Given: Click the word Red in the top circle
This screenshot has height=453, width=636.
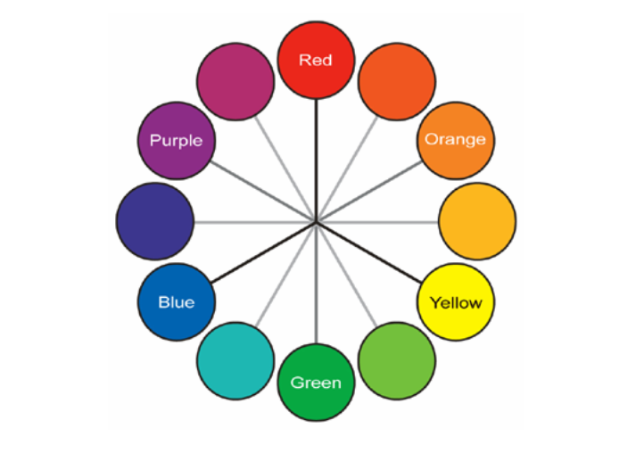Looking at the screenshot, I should click(316, 61).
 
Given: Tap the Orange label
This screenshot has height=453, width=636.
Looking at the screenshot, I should click(455, 139).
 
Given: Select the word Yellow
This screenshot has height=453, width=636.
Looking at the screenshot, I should click(455, 303).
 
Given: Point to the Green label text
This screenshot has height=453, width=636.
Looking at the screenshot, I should click(316, 383).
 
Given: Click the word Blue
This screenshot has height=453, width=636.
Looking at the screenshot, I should click(177, 302).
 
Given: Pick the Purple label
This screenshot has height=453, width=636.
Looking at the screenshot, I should click(176, 141).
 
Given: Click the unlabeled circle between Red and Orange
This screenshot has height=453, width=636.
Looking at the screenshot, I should click(396, 81).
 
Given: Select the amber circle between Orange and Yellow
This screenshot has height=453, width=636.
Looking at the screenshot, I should click(477, 221).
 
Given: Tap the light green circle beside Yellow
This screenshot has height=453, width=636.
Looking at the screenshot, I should click(397, 360).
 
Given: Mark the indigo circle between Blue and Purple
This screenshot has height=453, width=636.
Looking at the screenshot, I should click(154, 221).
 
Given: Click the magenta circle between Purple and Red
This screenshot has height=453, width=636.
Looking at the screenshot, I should click(235, 81).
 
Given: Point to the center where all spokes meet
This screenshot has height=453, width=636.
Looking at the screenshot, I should click(316, 221).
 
